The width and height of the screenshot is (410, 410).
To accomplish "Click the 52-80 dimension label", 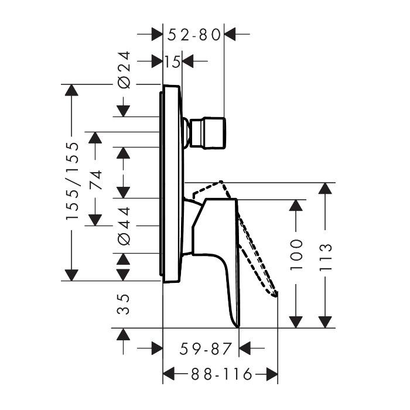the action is [x=194, y=35].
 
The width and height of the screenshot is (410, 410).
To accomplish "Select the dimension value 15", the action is [x=172, y=62].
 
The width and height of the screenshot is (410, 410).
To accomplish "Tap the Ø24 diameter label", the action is [x=124, y=70].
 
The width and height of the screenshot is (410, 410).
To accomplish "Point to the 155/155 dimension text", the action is [x=72, y=180].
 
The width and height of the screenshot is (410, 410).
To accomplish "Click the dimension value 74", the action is [x=95, y=180].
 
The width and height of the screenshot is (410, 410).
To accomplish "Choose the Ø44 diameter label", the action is [x=124, y=226].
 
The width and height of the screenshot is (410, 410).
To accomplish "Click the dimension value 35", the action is [x=123, y=304].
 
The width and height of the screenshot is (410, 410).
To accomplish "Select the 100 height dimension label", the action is [x=296, y=254].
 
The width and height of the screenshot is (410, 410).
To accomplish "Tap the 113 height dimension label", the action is [x=326, y=257].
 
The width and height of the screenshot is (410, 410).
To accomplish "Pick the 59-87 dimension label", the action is [x=206, y=348].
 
